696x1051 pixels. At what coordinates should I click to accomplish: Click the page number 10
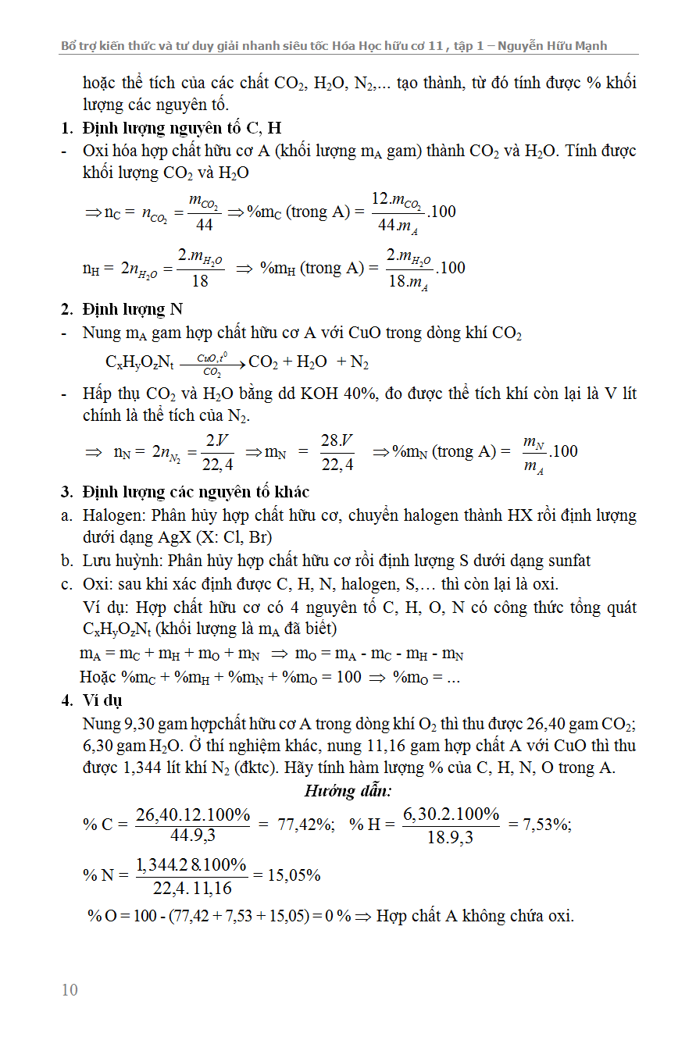(70, 990)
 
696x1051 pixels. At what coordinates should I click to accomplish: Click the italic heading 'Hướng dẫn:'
(348, 791)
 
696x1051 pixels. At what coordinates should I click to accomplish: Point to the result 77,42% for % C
(305, 825)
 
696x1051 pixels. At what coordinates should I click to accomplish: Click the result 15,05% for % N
(294, 875)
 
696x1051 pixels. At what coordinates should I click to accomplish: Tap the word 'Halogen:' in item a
(114, 515)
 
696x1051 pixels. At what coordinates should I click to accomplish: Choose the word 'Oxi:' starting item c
(98, 584)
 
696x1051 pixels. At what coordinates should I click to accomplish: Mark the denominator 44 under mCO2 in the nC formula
(204, 225)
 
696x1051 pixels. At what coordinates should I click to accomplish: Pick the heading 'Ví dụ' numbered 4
(102, 700)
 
